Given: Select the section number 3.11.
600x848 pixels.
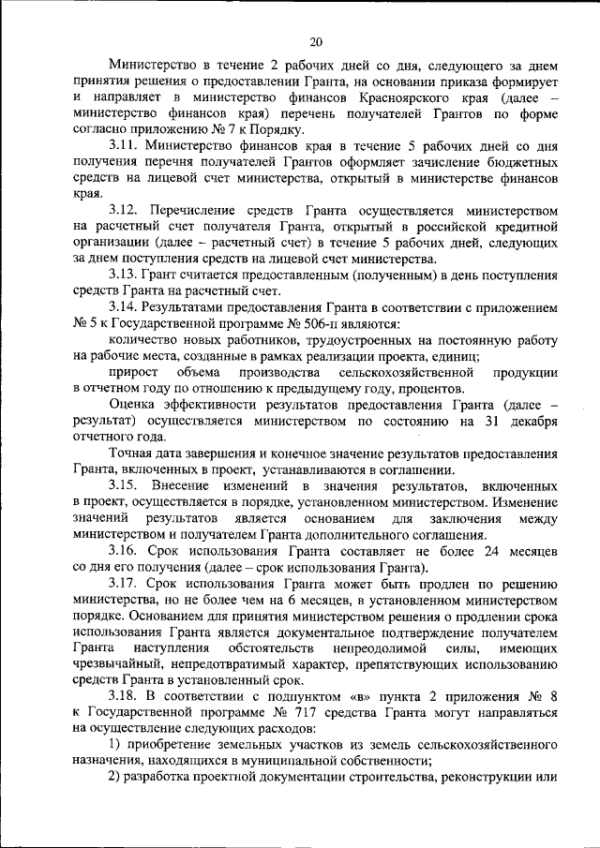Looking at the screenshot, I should [x=124, y=147].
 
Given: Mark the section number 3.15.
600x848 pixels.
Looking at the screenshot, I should [x=124, y=485].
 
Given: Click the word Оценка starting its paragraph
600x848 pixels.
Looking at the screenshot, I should [x=134, y=405].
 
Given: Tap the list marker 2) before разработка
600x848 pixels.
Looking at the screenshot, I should [x=116, y=776].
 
